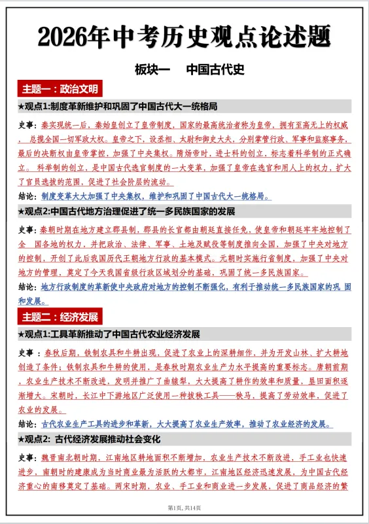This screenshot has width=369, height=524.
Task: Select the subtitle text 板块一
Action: click(x=152, y=69)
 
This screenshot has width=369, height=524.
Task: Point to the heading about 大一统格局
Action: click(x=118, y=106)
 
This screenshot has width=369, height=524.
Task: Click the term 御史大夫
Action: click(x=209, y=140)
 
